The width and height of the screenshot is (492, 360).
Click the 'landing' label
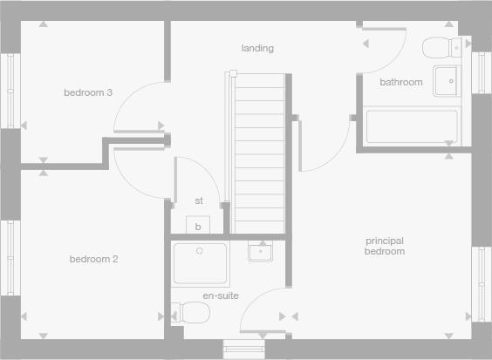click(257, 48)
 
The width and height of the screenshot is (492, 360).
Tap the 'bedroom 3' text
click(87, 92)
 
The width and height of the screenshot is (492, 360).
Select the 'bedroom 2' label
click(93, 259)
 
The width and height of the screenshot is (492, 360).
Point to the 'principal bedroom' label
click(385, 246)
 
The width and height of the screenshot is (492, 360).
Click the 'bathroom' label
click(400, 82)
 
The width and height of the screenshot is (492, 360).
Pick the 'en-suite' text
click(220, 295)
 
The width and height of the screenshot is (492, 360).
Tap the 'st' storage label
click(199, 200)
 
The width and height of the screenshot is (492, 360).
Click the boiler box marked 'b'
click(198, 227)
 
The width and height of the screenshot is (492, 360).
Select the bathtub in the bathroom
click(411, 127)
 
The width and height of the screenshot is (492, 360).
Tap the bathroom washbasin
click(447, 80)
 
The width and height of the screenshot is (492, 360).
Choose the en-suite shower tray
click(200, 264)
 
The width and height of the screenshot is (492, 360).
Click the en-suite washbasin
click(260, 253)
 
